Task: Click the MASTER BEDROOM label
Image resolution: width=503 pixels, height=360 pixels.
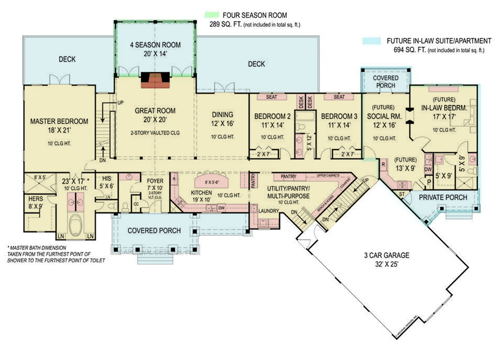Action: (x=59, y=121)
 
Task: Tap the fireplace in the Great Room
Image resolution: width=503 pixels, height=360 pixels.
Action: (x=155, y=80)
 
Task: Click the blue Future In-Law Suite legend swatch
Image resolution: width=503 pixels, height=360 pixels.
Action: (x=371, y=41)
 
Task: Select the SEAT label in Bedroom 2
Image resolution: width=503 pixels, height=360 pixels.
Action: (x=271, y=97)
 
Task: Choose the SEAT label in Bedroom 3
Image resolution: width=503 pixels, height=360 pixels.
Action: (x=339, y=97)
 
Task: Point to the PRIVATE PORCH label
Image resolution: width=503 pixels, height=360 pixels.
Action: (x=443, y=197)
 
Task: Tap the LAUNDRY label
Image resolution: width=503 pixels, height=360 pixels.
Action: (x=268, y=210)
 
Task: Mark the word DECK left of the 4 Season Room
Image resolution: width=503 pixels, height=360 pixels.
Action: (x=67, y=60)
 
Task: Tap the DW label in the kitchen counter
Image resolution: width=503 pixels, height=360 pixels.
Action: (x=223, y=208)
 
